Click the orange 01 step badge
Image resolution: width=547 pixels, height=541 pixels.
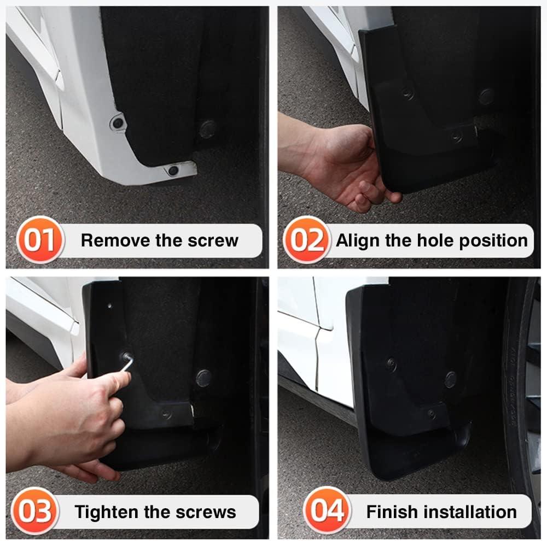coord(40,240)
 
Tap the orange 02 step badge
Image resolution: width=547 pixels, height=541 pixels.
coord(307,240)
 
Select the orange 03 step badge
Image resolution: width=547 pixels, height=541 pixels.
coord(35,511)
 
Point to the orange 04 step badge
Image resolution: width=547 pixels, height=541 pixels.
coord(327,510)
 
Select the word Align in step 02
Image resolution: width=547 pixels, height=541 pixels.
coord(353,241)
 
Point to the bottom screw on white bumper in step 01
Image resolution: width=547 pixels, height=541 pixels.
coord(173,171)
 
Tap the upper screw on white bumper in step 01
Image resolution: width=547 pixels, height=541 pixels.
coord(118,123)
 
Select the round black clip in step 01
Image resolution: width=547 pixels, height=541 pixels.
coord(208,130)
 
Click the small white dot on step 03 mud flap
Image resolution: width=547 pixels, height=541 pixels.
coord(109,306)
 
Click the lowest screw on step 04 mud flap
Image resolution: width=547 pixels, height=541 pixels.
coord(432,414)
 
